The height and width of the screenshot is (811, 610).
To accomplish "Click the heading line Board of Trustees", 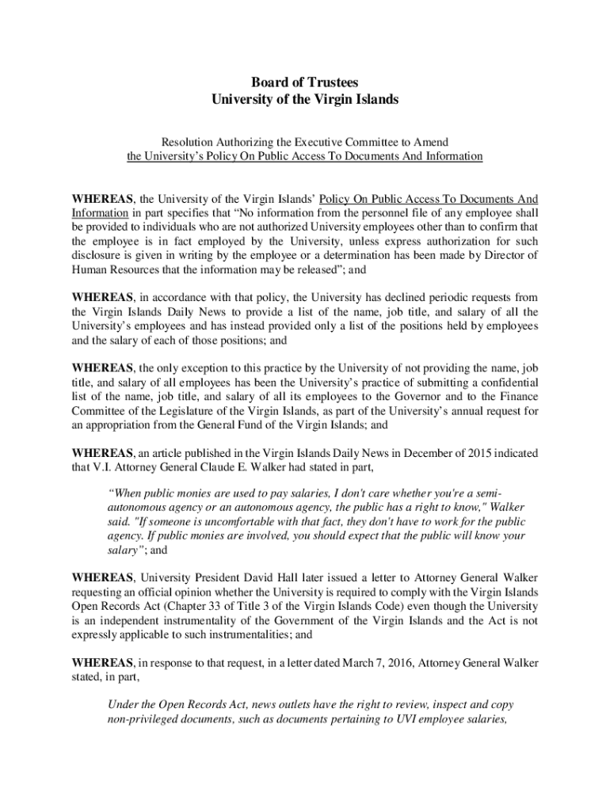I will (305, 82).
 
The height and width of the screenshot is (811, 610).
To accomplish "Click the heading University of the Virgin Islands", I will (305, 100).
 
